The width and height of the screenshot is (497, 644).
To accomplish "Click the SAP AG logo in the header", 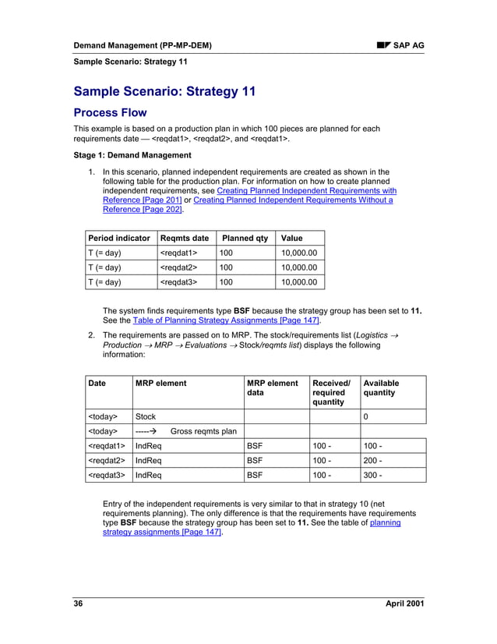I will pyautogui.click(x=400, y=46).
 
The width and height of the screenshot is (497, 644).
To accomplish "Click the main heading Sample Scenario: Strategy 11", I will pyautogui.click(x=164, y=92).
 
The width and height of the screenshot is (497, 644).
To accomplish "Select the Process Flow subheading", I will pyautogui.click(x=110, y=112).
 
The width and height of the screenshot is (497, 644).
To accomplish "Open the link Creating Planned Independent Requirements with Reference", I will pyautogui.click(x=306, y=190).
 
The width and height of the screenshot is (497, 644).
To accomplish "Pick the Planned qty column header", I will pyautogui.click(x=245, y=238).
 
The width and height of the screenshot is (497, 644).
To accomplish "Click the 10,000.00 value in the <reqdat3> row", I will pyautogui.click(x=300, y=282).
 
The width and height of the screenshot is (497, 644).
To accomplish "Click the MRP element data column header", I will pyautogui.click(x=272, y=388).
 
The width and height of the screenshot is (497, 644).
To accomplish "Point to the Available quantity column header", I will pyautogui.click(x=381, y=388).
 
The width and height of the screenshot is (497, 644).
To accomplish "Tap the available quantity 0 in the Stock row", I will pyautogui.click(x=366, y=416).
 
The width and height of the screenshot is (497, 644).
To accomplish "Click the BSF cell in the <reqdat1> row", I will pyautogui.click(x=255, y=445).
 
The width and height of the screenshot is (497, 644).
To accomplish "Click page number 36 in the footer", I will pyautogui.click(x=79, y=605).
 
